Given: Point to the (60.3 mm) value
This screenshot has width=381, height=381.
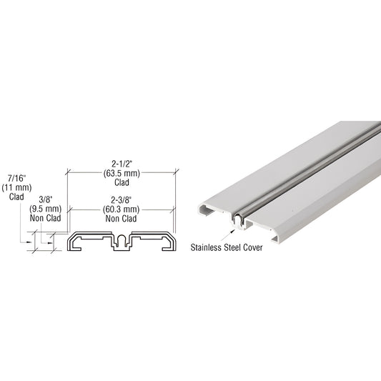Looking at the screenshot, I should pyautogui.click(x=120, y=209).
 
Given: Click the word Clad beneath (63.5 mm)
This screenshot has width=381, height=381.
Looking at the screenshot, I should pyautogui.click(x=120, y=182).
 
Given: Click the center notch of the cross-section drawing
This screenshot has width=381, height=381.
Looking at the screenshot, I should pyautogui.click(x=122, y=239).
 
